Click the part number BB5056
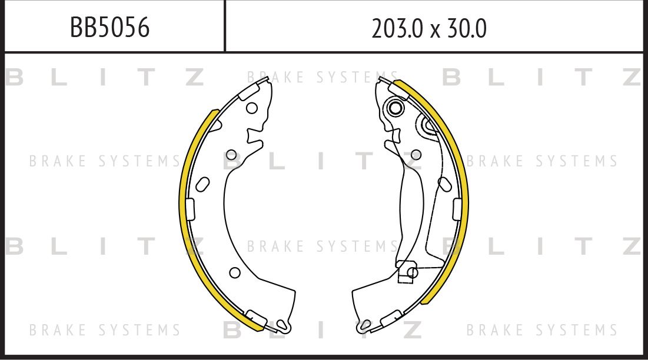pos(110,27)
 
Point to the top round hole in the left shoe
pos(251,108)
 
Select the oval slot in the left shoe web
pos(202,184)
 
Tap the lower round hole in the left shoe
pos(234,272)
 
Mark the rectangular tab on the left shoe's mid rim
pos(190,208)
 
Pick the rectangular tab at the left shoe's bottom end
pos(256,318)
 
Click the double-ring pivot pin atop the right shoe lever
pos(395,108)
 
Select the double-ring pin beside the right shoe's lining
pos(428,125)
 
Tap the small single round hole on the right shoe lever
pos(416,155)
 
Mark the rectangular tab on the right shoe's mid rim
pos(457,208)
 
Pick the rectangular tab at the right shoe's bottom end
pos(391,318)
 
